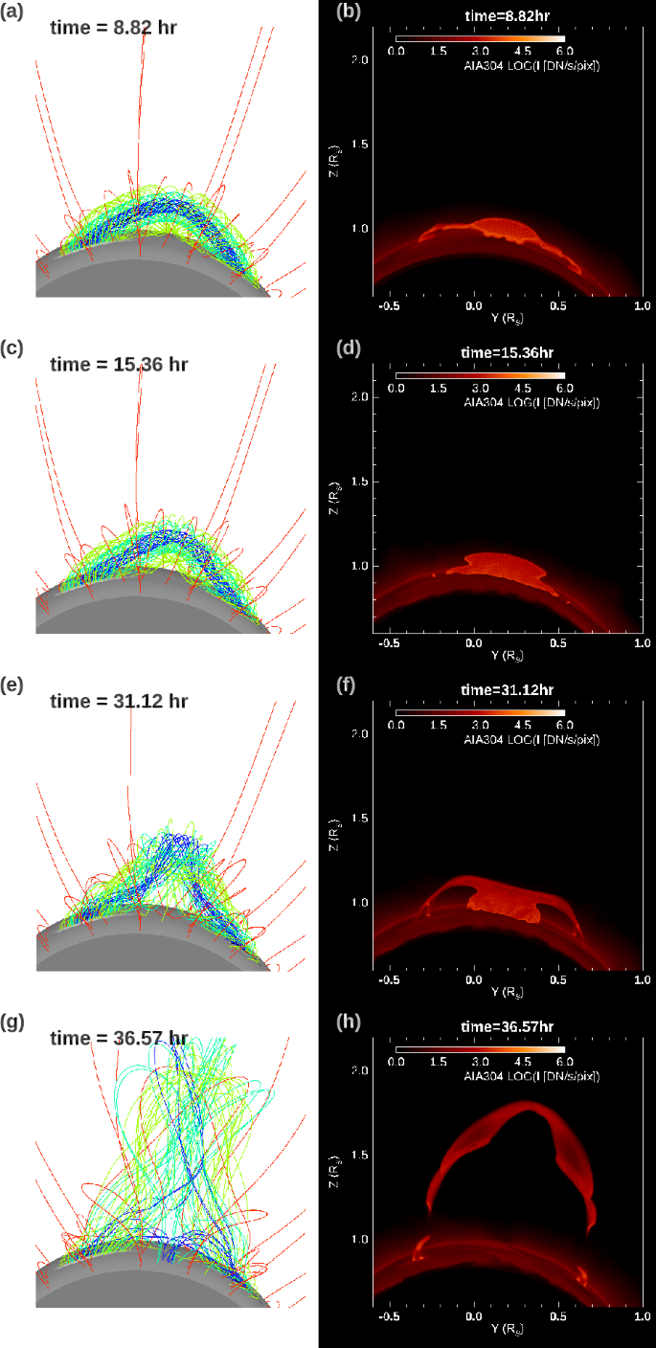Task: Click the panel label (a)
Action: pos(12,12)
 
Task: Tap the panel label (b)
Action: pos(349,12)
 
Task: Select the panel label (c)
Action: pos(12,348)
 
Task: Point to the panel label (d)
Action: pos(349,348)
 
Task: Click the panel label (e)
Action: pos(12,685)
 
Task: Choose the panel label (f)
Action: pos(346,685)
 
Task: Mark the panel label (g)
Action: pos(12,1022)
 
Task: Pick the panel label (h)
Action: pos(349,1022)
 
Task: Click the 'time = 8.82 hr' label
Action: pos(113,28)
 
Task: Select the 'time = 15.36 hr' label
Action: pos(119,365)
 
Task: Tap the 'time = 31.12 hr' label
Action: pos(119,702)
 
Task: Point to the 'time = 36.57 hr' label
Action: pos(119,1038)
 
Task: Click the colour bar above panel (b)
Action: pos(483,39)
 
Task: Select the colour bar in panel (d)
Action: pos(483,375)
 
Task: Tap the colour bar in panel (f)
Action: pos(483,712)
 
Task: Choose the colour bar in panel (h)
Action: pos(483,1049)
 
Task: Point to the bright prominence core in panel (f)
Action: pos(503,901)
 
